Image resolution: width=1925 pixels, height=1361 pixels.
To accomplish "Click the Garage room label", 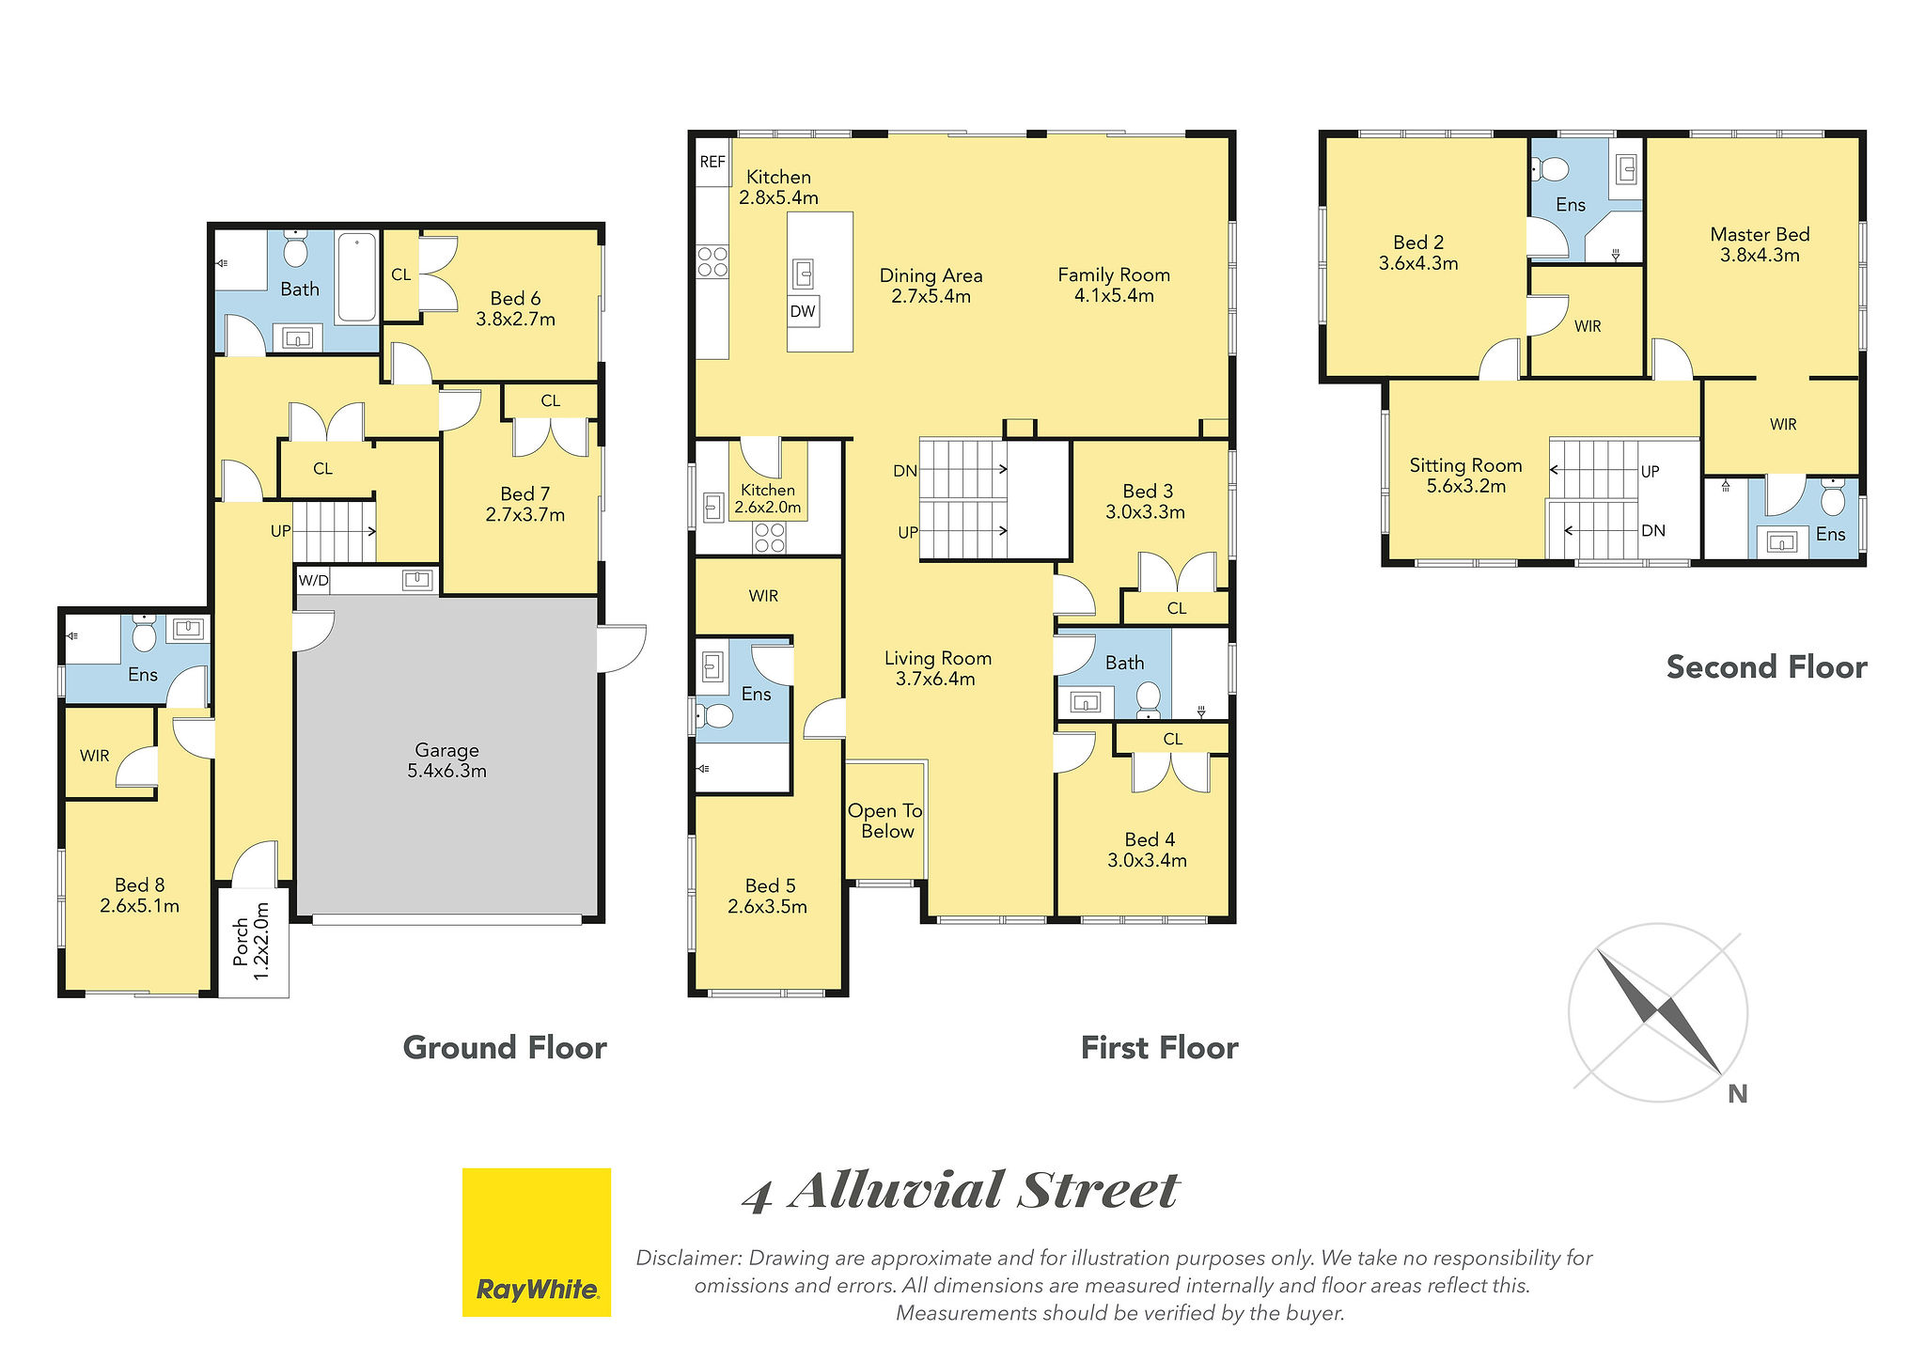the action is (x=446, y=760).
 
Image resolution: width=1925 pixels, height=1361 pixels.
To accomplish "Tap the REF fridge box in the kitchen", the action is (x=712, y=162).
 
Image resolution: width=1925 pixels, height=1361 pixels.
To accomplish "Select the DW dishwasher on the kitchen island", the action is (x=803, y=311).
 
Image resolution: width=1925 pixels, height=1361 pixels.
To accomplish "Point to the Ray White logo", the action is (x=537, y=1242).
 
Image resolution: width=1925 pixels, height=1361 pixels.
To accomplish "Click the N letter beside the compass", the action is (x=1738, y=1094).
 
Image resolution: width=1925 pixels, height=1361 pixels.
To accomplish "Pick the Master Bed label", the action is (x=1760, y=244).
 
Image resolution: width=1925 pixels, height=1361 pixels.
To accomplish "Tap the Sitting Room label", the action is (x=1465, y=476).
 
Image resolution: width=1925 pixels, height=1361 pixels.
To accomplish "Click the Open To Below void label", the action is (x=885, y=821).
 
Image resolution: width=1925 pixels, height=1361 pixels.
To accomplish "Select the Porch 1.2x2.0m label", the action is (x=252, y=942).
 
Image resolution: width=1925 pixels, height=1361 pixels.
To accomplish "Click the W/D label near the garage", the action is (x=314, y=580).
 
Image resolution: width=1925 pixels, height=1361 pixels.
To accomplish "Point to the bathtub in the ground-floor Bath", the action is (x=357, y=277).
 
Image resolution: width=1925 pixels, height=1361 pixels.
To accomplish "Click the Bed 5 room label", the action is (x=768, y=896).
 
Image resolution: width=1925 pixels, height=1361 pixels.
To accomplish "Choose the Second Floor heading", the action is (x=1766, y=667).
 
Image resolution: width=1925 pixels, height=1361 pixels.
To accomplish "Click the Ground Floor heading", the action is (x=505, y=1047).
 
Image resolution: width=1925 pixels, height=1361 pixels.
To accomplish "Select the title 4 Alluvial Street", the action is (x=960, y=1191).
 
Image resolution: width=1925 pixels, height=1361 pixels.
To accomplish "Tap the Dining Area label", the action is (x=931, y=286).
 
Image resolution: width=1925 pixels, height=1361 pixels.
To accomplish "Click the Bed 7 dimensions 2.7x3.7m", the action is (x=525, y=515).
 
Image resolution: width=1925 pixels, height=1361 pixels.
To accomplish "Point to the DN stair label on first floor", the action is (x=905, y=471).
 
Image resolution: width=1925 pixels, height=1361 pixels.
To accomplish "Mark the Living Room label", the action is (x=937, y=668).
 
